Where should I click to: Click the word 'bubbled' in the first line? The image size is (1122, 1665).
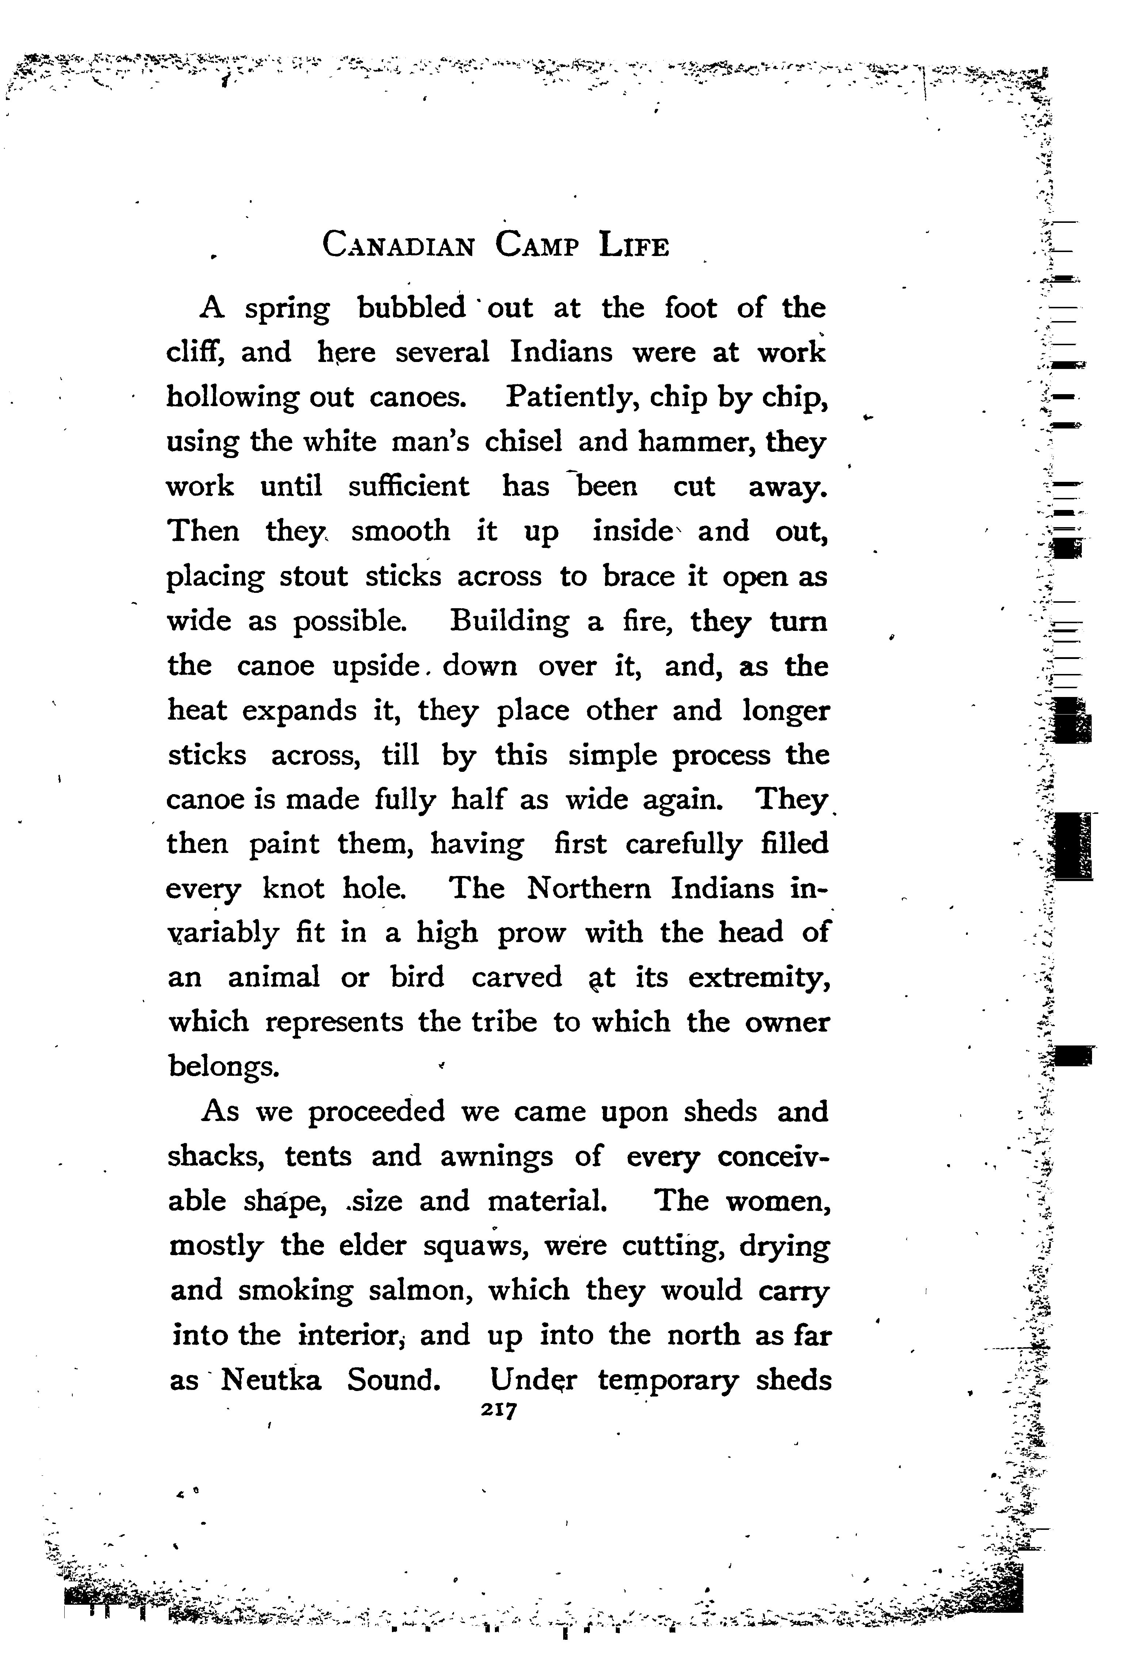click(412, 308)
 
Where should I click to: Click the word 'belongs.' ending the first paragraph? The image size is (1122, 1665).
click(222, 1067)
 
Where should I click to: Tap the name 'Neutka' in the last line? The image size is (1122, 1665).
click(271, 1379)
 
